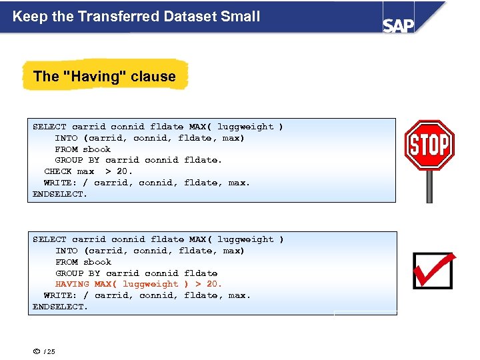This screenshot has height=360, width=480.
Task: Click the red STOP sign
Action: [x=429, y=145]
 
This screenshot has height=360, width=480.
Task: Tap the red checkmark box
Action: [x=433, y=270]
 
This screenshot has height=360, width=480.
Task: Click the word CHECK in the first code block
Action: [x=58, y=171]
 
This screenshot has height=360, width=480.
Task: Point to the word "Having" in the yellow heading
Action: [x=94, y=76]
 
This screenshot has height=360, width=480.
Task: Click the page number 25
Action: [x=51, y=352]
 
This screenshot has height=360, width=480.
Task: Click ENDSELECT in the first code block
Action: [x=60, y=194]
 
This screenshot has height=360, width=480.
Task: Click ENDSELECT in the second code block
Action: [x=60, y=307]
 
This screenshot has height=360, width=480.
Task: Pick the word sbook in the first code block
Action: [x=97, y=149]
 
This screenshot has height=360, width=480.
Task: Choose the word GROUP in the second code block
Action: [x=69, y=273]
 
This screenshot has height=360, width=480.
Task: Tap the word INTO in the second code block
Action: [x=67, y=251]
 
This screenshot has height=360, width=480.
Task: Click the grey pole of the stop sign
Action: [x=429, y=187]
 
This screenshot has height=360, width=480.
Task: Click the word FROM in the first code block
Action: [x=66, y=149]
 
